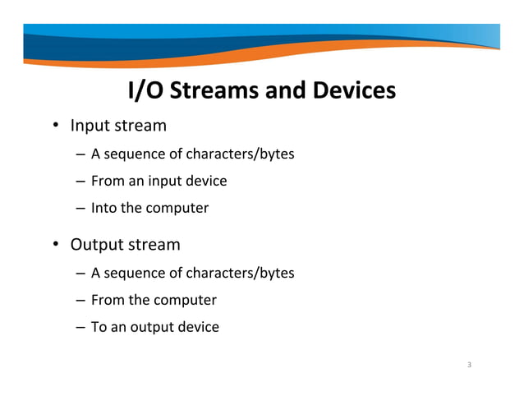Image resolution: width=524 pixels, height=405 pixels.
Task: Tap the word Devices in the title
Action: coord(352,90)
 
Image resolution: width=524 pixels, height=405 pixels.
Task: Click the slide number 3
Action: coord(468,365)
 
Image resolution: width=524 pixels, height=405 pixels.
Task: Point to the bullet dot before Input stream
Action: coord(57,127)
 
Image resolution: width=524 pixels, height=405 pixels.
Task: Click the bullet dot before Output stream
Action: coord(57,245)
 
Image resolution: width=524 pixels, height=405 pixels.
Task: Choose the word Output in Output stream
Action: coord(97,245)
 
